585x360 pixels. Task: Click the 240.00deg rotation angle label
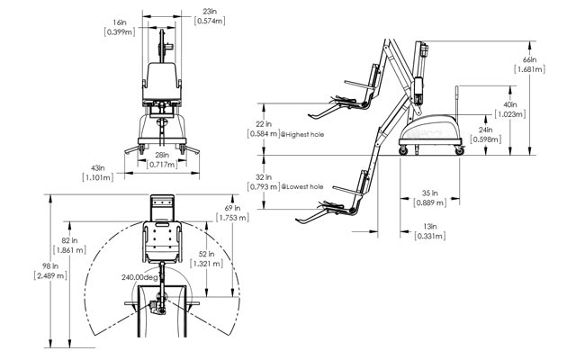139,277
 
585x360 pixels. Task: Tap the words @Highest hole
301,134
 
